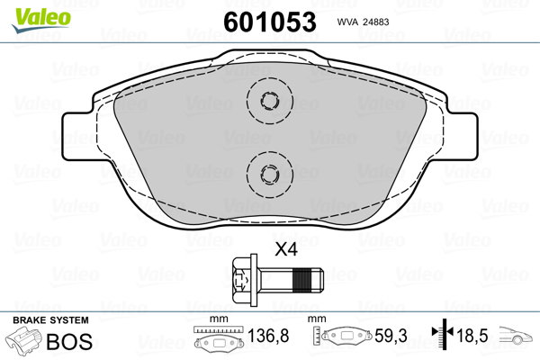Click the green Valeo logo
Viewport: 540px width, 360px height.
(x=41, y=20)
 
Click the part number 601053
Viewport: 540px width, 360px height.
(x=270, y=22)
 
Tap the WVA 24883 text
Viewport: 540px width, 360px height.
(x=363, y=22)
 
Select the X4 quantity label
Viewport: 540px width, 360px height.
(x=286, y=249)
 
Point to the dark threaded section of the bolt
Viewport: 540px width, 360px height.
(x=304, y=280)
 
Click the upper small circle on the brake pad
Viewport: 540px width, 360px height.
(x=270, y=101)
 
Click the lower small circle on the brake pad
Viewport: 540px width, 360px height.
(x=270, y=174)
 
